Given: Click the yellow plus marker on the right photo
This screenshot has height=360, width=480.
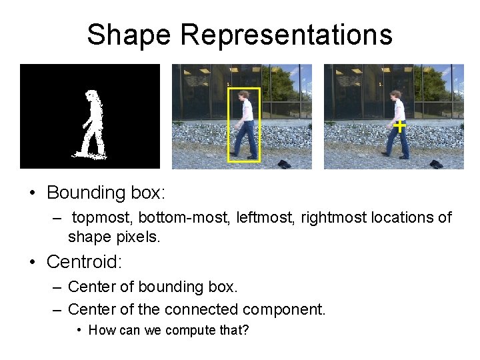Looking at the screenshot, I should click(399, 125).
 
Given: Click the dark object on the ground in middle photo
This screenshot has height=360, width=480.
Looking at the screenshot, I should click(283, 163).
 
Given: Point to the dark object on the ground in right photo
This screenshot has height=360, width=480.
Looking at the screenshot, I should click(436, 163).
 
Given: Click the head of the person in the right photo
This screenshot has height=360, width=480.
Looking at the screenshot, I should click(396, 95).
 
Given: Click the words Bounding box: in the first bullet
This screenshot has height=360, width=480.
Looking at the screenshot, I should click(105, 193).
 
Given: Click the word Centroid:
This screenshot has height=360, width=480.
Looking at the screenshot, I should click(84, 262).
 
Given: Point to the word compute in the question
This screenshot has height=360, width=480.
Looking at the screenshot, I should click(192, 331).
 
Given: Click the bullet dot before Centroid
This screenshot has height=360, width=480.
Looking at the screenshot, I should click(33, 262).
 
